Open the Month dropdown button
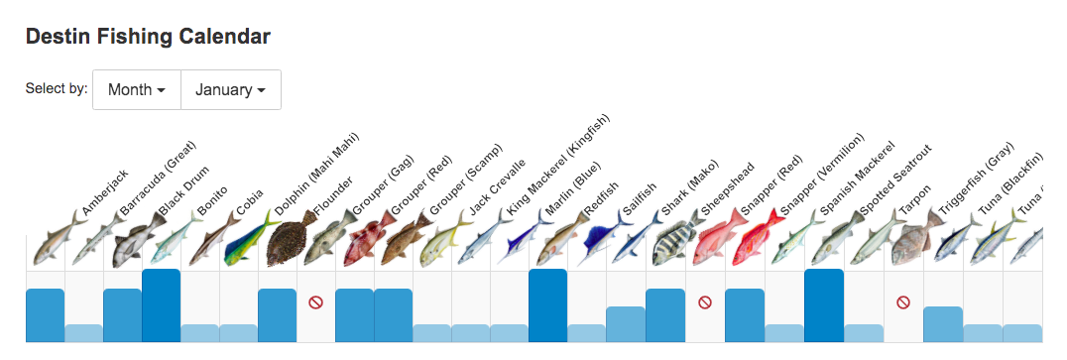pyautogui.click(x=137, y=89)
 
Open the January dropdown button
pyautogui.click(x=230, y=89)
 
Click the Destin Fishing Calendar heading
pyautogui.click(x=148, y=38)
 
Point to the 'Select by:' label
pyautogui.click(x=57, y=88)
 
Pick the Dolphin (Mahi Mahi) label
pyautogui.click(x=318, y=173)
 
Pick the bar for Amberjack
pyautogui.click(x=46, y=315)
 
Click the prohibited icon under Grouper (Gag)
pyautogui.click(x=316, y=301)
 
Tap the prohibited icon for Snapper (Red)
pyautogui.click(x=704, y=301)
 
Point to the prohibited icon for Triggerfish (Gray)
pyautogui.click(x=902, y=301)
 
